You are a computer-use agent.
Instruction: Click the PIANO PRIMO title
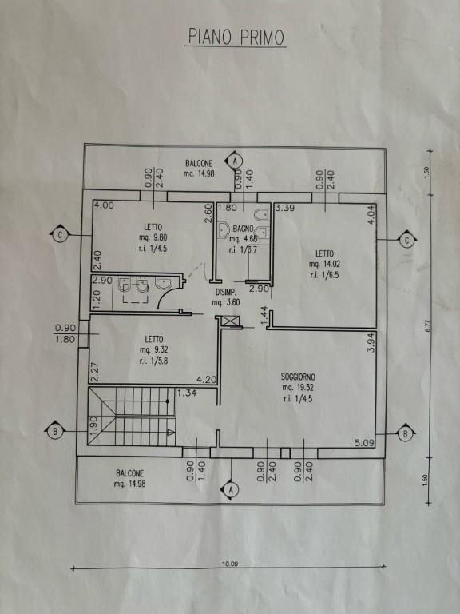pos(236,38)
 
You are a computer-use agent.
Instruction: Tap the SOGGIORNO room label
pos(299,377)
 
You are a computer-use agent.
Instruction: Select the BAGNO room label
pos(244,229)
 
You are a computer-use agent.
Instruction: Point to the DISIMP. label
pos(225,292)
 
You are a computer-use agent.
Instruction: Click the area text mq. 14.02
pos(324,264)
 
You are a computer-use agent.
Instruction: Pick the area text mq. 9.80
pos(153,237)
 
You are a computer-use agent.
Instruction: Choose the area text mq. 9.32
pos(153,350)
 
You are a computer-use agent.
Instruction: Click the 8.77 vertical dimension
pos(427,325)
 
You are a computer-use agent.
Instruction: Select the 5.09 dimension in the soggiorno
pos(365,443)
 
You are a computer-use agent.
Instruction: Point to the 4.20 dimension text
pos(206,380)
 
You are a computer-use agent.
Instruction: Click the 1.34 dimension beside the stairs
pos(186,393)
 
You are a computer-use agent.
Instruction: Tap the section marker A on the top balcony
pos(235,161)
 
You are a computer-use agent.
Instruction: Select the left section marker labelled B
pos(55,432)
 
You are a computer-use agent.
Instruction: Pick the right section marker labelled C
pos(407,240)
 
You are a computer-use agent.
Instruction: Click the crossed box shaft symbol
pos(228,321)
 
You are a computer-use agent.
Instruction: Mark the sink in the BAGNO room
pos(224,230)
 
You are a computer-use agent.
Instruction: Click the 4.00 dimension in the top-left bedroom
pos(104,205)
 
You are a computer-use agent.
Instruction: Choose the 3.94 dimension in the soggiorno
pos(371,343)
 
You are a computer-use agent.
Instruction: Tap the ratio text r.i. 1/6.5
pos(324,275)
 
